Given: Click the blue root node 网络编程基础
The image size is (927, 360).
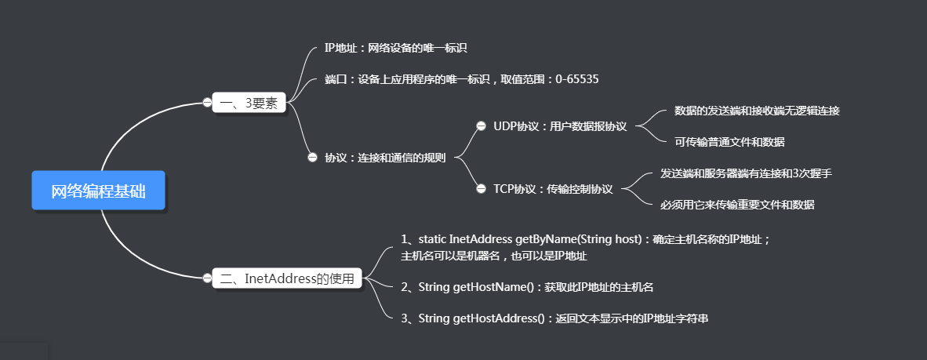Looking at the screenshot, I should pos(98,191).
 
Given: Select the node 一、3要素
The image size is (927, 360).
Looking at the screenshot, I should pos(248,103).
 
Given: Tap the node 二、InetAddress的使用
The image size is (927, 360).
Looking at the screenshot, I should pos(287,278).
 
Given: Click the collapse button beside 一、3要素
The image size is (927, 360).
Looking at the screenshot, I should pos(207,102).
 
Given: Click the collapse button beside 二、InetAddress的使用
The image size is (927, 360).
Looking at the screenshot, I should pos(207,278).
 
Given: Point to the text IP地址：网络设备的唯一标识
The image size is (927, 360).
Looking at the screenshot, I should pos(395,49).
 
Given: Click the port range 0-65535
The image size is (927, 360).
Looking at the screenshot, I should pos(577,79).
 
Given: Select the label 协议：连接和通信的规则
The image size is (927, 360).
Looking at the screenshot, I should pos(385,158).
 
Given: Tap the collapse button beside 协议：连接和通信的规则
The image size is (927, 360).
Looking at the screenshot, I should pos(313,157).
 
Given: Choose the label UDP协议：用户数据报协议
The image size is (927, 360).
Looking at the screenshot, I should pos(560,126).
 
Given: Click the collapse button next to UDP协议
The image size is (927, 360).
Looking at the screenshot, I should pos(481,125).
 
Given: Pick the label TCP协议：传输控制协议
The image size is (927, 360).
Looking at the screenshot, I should pos(553,189).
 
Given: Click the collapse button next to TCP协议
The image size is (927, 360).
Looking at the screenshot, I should pos(481,188).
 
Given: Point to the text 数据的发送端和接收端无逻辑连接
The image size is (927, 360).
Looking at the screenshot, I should pos(757,111).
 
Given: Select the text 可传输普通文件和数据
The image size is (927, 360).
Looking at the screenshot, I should pos(729,142).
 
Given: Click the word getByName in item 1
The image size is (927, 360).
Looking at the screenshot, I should pos(543,238).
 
